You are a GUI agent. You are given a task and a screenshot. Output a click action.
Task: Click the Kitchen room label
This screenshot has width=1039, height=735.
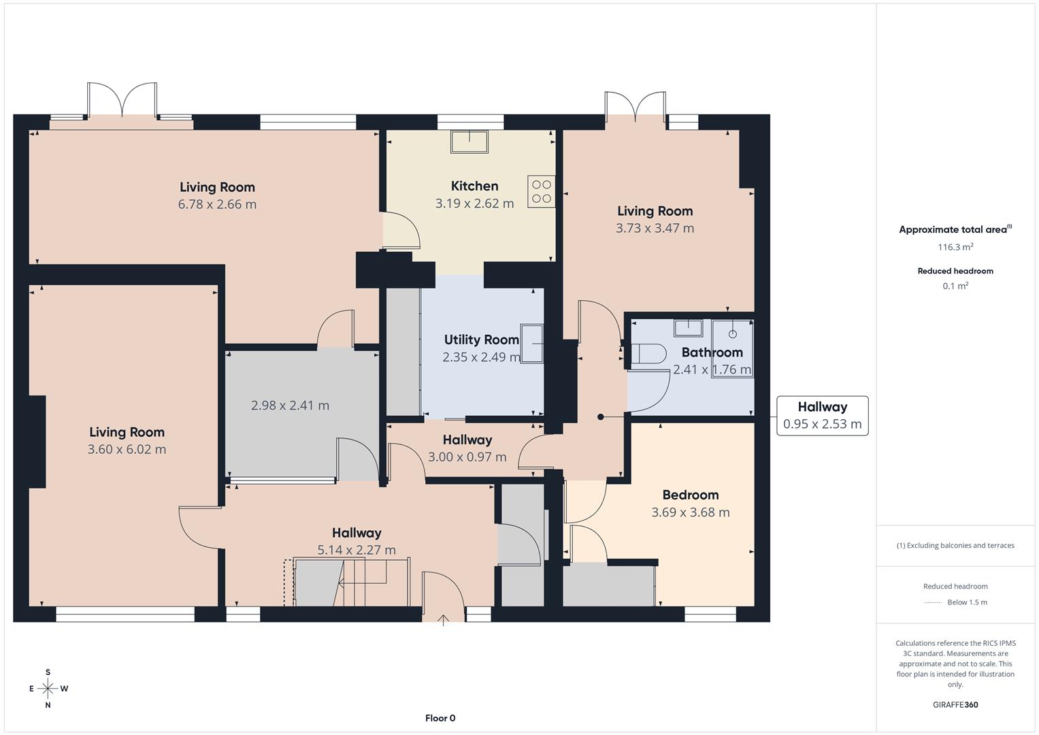click(x=474, y=186)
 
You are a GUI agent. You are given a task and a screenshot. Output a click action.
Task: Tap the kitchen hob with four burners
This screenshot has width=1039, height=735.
click(x=541, y=191)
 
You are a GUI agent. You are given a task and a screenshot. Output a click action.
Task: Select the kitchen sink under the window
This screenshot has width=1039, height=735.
click(x=469, y=142)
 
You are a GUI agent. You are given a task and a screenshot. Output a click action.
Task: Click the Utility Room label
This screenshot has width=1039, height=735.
click(x=481, y=340)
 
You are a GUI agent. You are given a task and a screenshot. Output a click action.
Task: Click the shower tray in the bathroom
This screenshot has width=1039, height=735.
click(x=732, y=348)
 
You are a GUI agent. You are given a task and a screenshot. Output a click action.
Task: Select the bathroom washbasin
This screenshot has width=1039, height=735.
click(x=688, y=328)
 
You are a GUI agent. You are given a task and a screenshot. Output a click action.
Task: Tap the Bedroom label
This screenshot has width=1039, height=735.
click(x=690, y=495)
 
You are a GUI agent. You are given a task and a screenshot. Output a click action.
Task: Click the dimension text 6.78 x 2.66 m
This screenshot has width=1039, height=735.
click(x=217, y=204)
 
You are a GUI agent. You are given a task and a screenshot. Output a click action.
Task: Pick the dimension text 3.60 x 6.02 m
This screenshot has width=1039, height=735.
click(x=127, y=449)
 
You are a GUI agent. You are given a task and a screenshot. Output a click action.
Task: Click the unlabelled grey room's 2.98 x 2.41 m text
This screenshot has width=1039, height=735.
click(x=290, y=406)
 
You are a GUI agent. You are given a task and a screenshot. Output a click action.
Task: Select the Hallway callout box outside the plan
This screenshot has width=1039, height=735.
click(x=822, y=415)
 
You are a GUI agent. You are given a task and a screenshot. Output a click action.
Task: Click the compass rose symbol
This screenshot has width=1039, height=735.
click(x=48, y=689)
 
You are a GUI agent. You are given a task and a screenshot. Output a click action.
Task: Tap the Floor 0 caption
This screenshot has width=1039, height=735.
click(x=440, y=718)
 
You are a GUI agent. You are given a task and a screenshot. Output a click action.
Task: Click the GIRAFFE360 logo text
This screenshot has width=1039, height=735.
click(x=955, y=704)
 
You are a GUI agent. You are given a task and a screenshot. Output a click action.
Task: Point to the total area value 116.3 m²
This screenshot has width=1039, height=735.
click(x=955, y=247)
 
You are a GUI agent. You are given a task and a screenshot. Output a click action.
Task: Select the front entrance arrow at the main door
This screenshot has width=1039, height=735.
click(x=444, y=619)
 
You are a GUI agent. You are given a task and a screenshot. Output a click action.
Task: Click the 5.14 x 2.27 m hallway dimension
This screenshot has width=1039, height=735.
click(x=356, y=550)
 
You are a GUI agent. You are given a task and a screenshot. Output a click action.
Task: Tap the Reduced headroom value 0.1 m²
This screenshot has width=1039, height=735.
click(x=955, y=286)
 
